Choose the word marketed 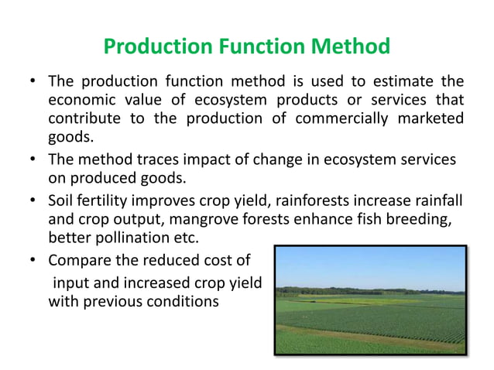coord(430,120)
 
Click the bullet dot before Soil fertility coord(33,200)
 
